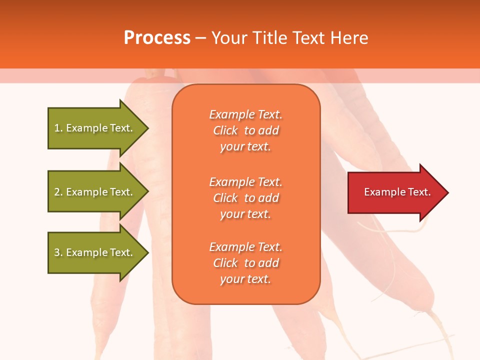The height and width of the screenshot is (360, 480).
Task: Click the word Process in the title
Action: (157, 38)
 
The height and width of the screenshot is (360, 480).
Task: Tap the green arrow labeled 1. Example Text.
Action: (95, 128)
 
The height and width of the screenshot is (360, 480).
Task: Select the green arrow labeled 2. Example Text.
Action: (95, 192)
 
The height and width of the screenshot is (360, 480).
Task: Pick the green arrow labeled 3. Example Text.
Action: (95, 252)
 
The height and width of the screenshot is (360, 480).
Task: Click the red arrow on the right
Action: (395, 192)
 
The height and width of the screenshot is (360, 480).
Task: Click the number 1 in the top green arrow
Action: (57, 128)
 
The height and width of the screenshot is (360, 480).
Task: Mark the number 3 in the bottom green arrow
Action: (57, 253)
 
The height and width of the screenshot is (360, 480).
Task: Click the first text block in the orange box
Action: (245, 130)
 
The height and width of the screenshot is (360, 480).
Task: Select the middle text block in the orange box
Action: (245, 198)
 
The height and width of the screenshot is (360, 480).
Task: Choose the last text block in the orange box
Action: (245, 263)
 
